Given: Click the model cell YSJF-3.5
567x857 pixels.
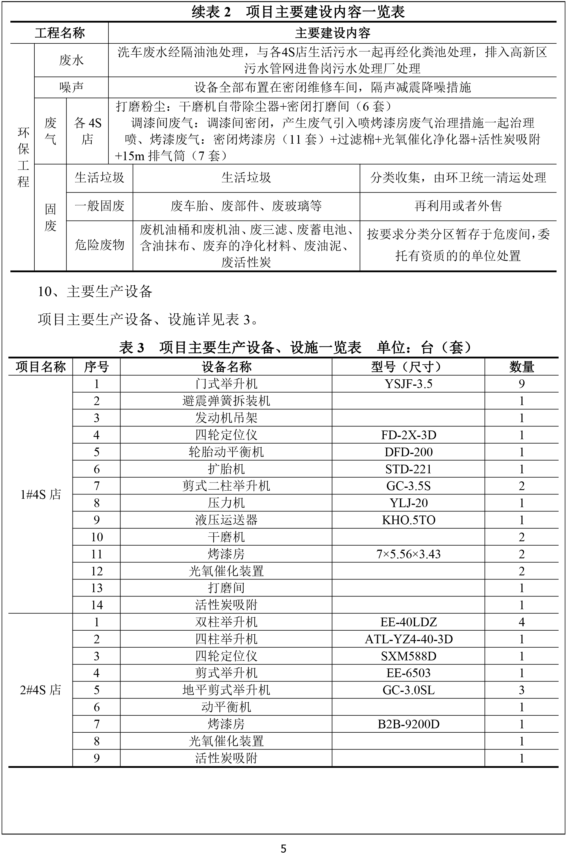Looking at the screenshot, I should coord(408,384).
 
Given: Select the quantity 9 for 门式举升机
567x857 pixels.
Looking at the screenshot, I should coord(521,384).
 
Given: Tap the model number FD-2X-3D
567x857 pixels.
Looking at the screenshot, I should coord(408,435).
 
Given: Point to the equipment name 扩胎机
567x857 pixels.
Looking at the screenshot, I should coord(226,469).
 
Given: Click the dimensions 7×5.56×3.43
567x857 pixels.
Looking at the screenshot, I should coord(408,554).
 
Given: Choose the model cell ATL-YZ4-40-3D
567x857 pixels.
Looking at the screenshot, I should coord(408,639).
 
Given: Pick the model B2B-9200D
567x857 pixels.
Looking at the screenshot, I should coord(408,724).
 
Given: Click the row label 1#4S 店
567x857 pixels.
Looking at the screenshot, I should coord(40,494).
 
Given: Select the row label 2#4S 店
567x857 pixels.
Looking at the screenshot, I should coord(40,690).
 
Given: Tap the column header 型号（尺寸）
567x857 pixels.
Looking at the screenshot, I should coord(408,367).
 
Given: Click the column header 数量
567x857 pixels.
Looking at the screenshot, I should coord(521,367).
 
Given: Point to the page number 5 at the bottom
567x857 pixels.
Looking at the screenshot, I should coord(283,848).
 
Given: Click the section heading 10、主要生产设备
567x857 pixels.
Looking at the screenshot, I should coord(95,291).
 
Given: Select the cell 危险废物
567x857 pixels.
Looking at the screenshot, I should coord(99,245).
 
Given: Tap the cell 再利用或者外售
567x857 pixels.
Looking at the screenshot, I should coord(458,206).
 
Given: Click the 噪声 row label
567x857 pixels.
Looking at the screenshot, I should coord(71,87).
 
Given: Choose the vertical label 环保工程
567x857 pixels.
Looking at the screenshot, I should coord(23,157).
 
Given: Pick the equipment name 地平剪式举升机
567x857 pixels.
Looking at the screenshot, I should coord(226,690).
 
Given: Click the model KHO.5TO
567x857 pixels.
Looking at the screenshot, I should coord(408,520).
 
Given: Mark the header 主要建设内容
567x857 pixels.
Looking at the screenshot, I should coord(332,33).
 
